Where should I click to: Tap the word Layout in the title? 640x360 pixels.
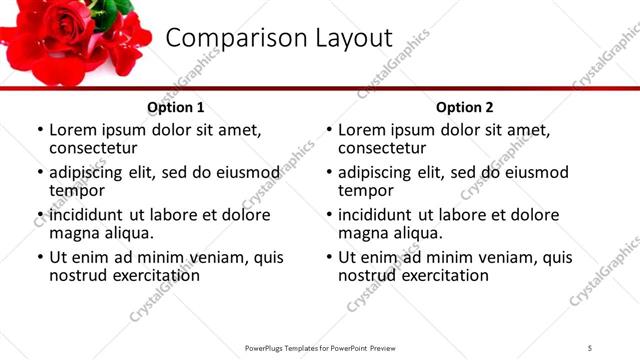(341, 38)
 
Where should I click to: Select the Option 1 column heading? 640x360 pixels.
(176, 107)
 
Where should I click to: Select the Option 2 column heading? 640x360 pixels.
(465, 107)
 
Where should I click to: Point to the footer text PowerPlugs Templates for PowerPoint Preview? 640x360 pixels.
(320, 347)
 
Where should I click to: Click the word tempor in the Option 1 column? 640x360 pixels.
(77, 190)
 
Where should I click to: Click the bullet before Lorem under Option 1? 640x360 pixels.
(40, 130)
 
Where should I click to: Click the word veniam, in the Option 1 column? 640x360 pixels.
(219, 257)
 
